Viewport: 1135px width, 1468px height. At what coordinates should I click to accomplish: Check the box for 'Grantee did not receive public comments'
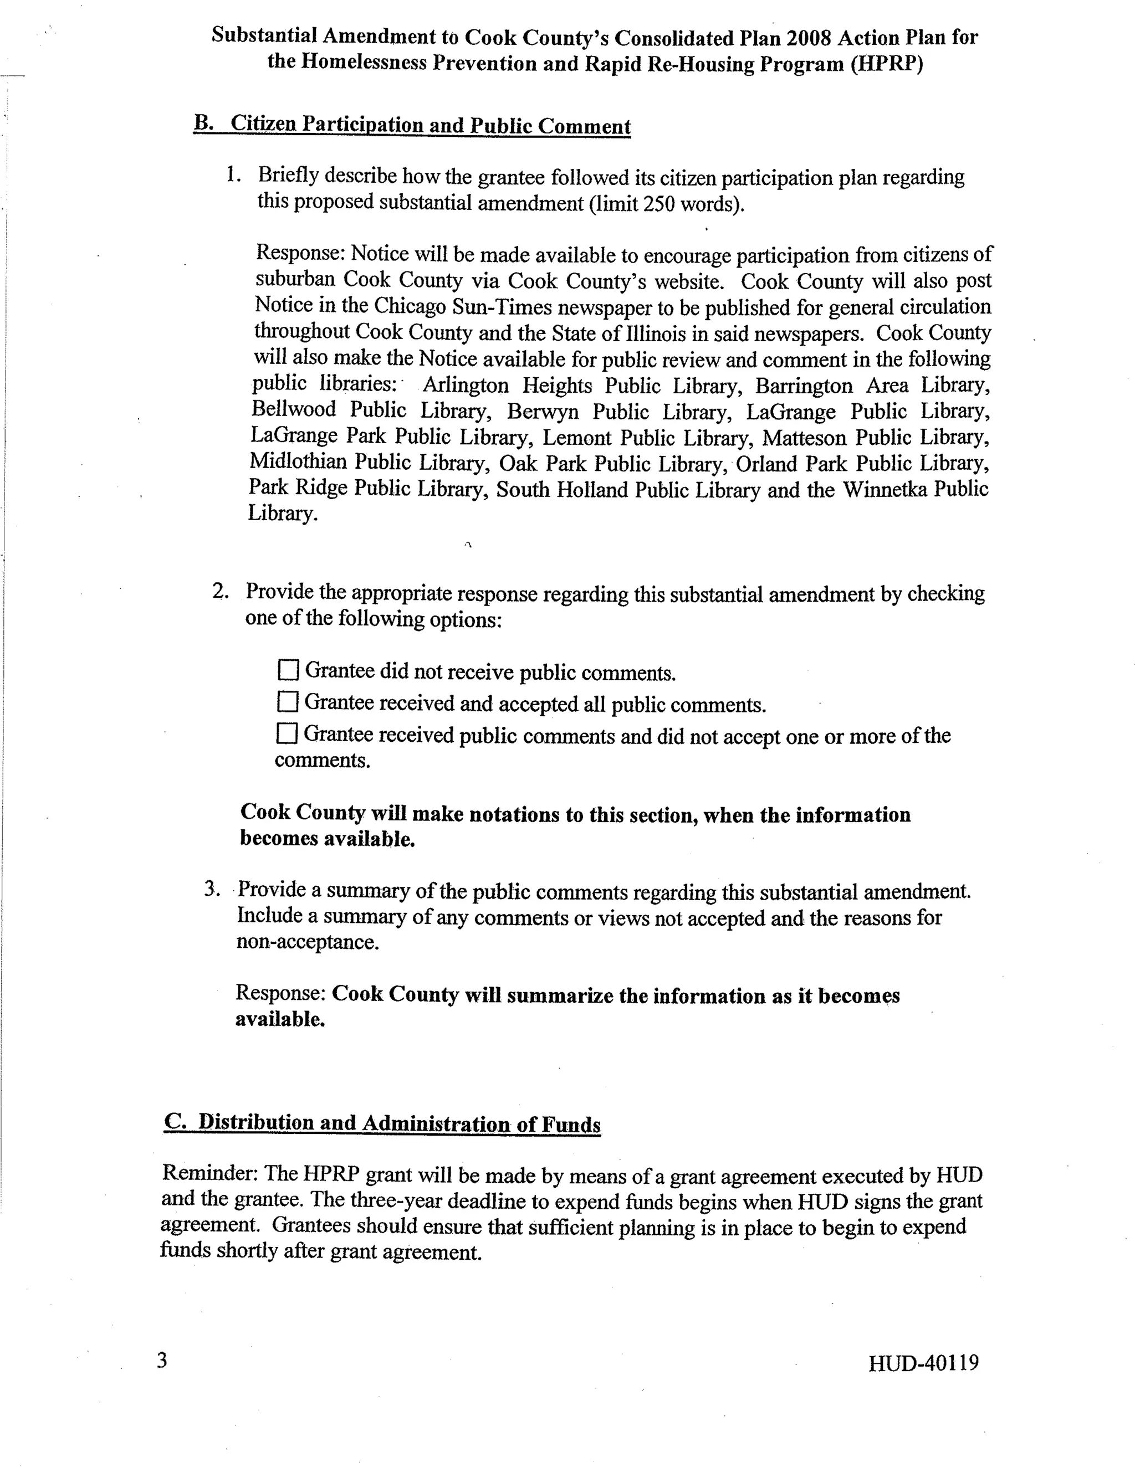click(x=288, y=670)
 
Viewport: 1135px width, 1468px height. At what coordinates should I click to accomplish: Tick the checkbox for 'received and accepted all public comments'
click(x=287, y=702)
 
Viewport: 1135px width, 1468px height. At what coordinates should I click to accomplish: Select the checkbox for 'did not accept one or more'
click(x=287, y=733)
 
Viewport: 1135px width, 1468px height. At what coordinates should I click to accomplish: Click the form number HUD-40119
click(x=923, y=1363)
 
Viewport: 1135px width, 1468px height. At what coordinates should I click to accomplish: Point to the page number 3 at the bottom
click(x=162, y=1361)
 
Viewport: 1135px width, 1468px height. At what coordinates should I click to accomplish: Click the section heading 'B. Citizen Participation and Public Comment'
click(x=412, y=125)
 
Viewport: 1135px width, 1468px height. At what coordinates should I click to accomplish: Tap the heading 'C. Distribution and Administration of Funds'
click(x=382, y=1123)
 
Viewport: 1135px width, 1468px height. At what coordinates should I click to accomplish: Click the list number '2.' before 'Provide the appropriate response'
click(x=221, y=592)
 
